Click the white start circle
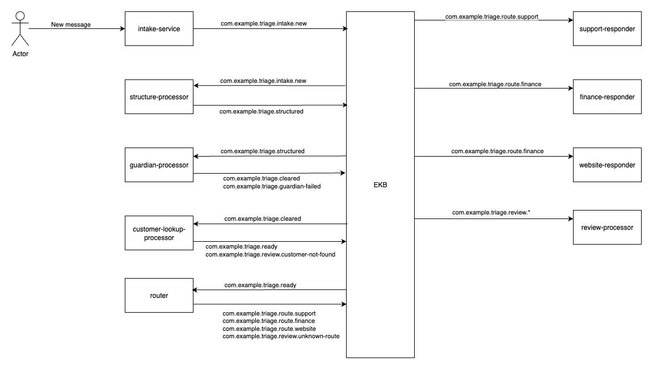coord(20,16)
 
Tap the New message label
coord(71,24)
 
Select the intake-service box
coord(159,28)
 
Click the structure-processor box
coord(159,96)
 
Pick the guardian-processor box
coord(159,165)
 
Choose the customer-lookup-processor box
coord(159,233)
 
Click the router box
coord(159,295)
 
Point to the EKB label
coord(380,185)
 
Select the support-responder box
coord(607,28)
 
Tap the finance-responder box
coord(607,96)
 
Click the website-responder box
coord(607,165)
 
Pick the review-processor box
coord(607,227)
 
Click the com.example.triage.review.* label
coord(491,212)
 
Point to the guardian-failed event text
coord(272,186)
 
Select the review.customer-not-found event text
coord(271,255)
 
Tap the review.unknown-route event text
coord(281,337)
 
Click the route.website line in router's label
coord(269,329)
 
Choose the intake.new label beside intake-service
coord(264,24)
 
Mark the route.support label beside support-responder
coord(492,17)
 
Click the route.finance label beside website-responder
coord(498,151)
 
